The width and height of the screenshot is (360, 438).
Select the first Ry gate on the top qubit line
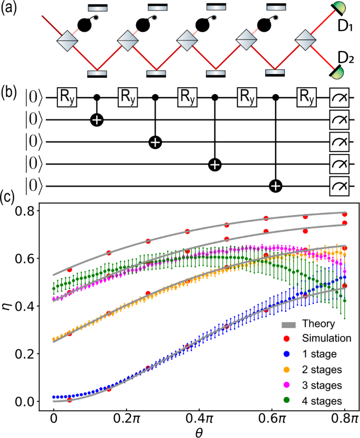68,98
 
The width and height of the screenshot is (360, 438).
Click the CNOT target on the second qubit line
96,120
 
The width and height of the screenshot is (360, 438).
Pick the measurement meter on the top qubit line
339,98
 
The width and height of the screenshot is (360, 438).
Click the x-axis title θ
198,431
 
